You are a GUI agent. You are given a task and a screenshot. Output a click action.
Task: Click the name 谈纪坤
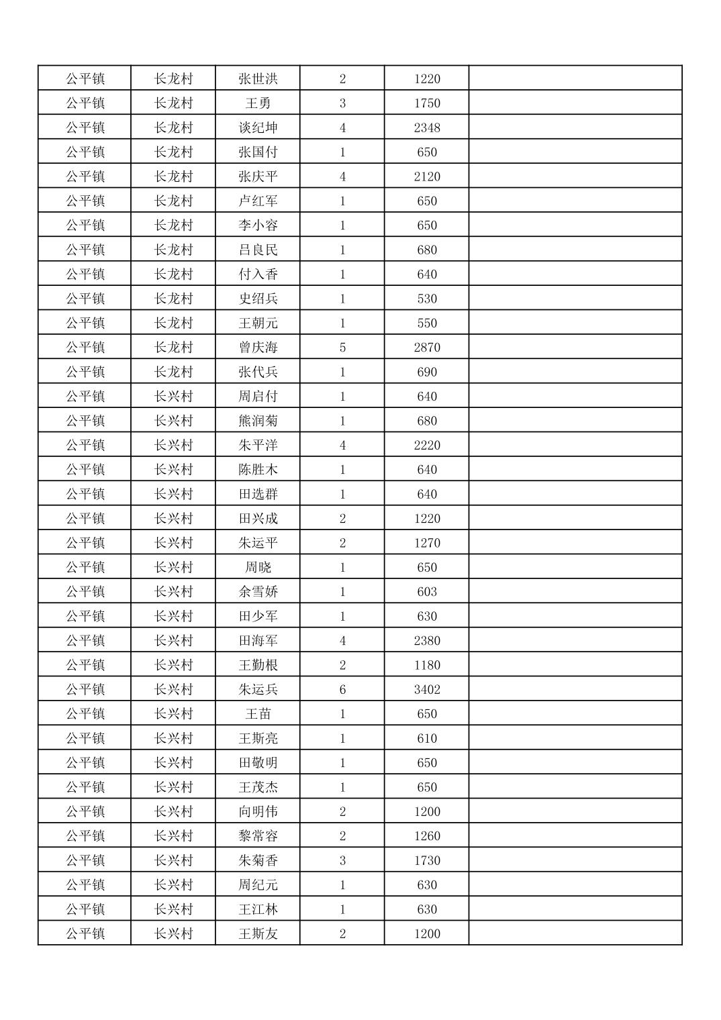pos(258,127)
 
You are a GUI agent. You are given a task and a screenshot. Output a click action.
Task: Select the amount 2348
pos(427,127)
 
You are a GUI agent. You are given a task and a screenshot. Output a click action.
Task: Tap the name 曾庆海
pos(258,348)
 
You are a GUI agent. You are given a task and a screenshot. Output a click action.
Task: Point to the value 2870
pos(427,348)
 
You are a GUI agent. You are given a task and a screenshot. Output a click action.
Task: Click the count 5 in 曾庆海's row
pos(342,348)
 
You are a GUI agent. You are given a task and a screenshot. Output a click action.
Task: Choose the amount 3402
pos(427,690)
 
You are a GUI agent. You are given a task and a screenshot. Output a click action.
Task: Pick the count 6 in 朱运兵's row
pos(342,690)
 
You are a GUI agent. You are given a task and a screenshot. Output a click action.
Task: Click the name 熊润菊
pos(258,421)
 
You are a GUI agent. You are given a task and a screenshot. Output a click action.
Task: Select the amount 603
pos(427,592)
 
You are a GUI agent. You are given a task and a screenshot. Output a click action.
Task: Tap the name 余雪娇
pos(258,592)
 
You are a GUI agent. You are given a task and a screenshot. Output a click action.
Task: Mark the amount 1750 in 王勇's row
pos(427,103)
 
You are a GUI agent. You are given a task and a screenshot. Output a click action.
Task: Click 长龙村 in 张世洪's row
pos(173,79)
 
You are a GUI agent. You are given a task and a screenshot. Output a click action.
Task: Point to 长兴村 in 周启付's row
pos(173,397)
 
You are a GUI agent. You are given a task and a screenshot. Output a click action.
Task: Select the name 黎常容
pos(258,836)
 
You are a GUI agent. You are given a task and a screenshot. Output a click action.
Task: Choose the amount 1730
pos(427,860)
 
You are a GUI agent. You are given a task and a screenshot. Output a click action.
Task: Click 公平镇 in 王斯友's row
pos(85,933)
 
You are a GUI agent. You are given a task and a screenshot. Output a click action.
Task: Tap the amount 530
pos(427,299)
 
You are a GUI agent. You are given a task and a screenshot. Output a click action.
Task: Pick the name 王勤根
pos(258,665)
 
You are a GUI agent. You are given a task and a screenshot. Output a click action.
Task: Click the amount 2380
pos(427,641)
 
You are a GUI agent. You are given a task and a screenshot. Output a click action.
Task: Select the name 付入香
pos(258,274)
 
